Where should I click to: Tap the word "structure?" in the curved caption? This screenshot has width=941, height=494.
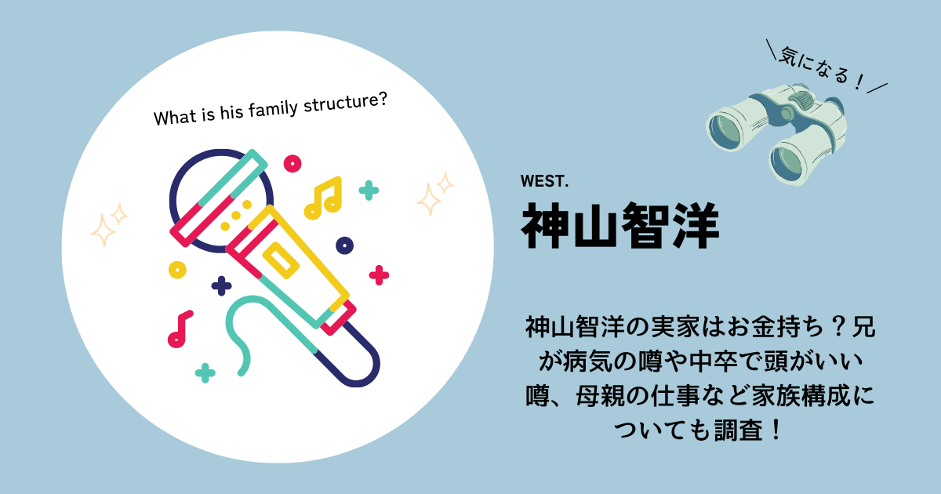click(x=345, y=103)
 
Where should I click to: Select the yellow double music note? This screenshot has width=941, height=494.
click(x=323, y=198)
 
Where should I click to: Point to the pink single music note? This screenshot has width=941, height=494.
click(x=180, y=329)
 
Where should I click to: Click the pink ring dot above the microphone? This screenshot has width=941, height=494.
click(x=292, y=163)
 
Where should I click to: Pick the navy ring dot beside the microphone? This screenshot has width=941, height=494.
click(x=344, y=245)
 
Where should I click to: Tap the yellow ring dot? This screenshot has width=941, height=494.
click(x=177, y=270)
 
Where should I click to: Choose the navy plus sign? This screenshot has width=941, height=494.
click(x=221, y=286)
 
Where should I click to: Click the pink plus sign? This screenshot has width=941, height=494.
click(x=379, y=275)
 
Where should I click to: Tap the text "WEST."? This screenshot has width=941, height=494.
click(x=544, y=181)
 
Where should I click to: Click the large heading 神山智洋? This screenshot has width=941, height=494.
click(x=620, y=226)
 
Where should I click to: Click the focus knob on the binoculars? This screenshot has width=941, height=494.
click(x=801, y=98)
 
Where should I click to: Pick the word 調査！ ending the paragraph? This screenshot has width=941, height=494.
click(x=747, y=430)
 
